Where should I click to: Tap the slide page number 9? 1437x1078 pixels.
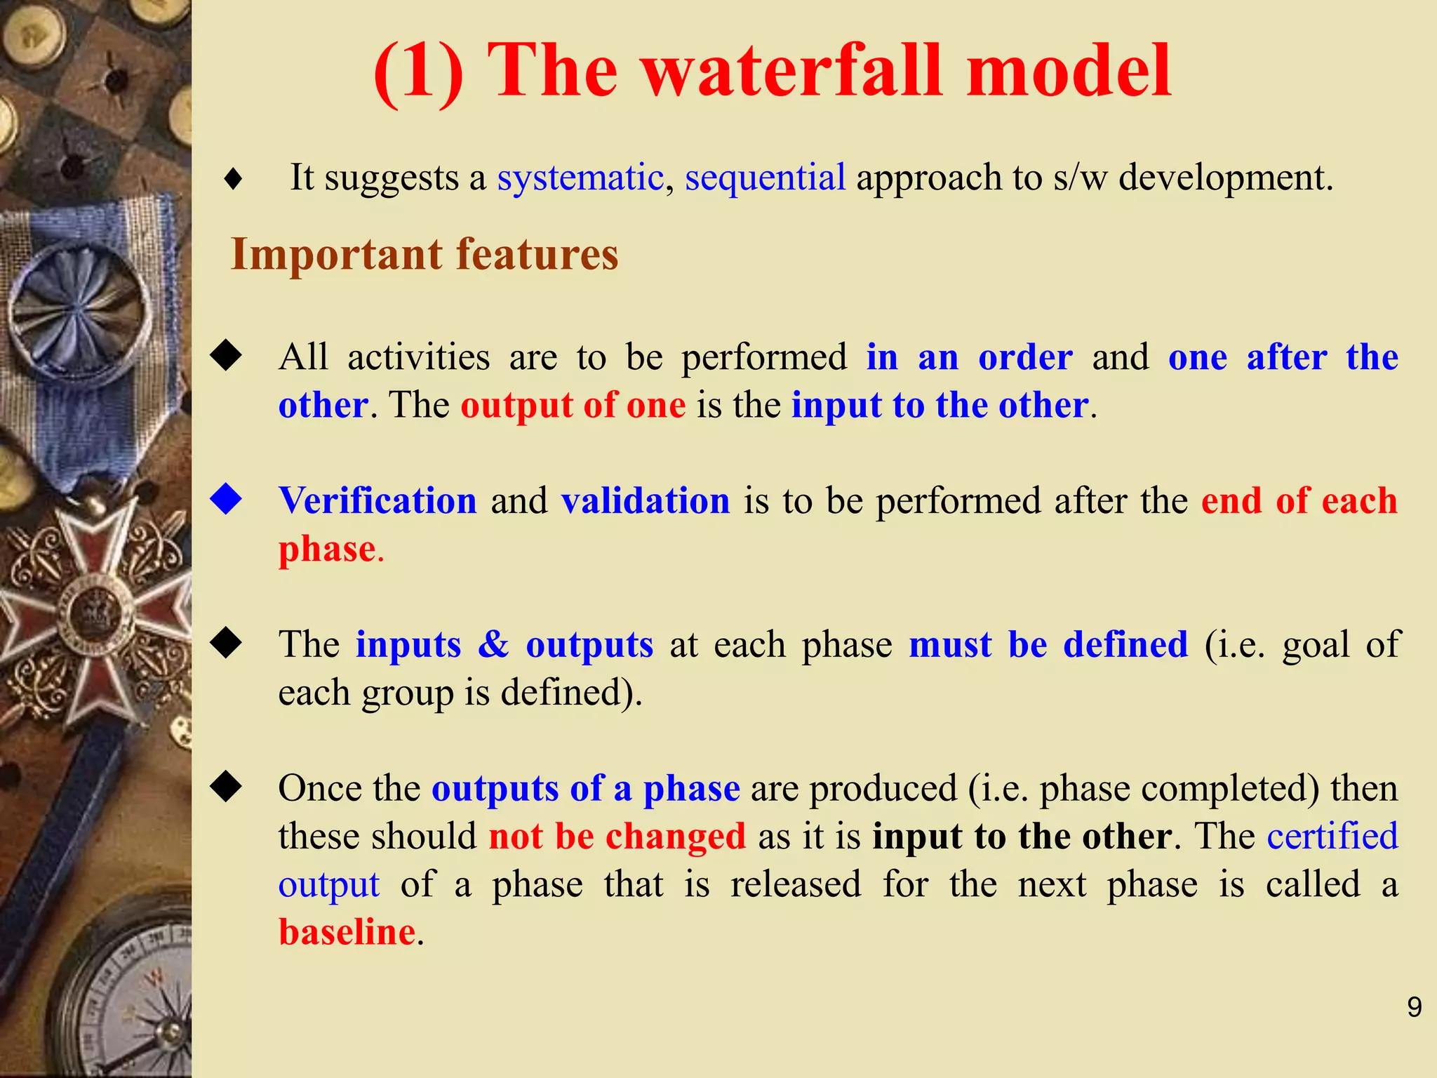[1414, 1008]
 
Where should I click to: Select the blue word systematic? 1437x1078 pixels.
[580, 178]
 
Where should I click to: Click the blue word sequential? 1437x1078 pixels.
[765, 178]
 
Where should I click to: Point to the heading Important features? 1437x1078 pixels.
[425, 254]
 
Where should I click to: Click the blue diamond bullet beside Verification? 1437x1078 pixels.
[226, 499]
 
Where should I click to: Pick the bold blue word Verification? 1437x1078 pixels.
[377, 501]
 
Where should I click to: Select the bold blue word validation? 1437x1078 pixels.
[646, 501]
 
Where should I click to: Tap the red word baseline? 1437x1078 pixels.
[347, 932]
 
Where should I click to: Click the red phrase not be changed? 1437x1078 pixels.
[617, 837]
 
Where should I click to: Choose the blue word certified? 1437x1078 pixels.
[1332, 837]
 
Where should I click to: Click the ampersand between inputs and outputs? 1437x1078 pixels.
[493, 644]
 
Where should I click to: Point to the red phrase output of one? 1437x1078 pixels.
[573, 406]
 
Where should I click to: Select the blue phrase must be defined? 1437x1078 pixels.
[1048, 644]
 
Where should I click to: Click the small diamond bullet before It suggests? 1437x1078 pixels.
[233, 180]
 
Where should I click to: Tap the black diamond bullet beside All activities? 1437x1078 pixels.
[226, 355]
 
